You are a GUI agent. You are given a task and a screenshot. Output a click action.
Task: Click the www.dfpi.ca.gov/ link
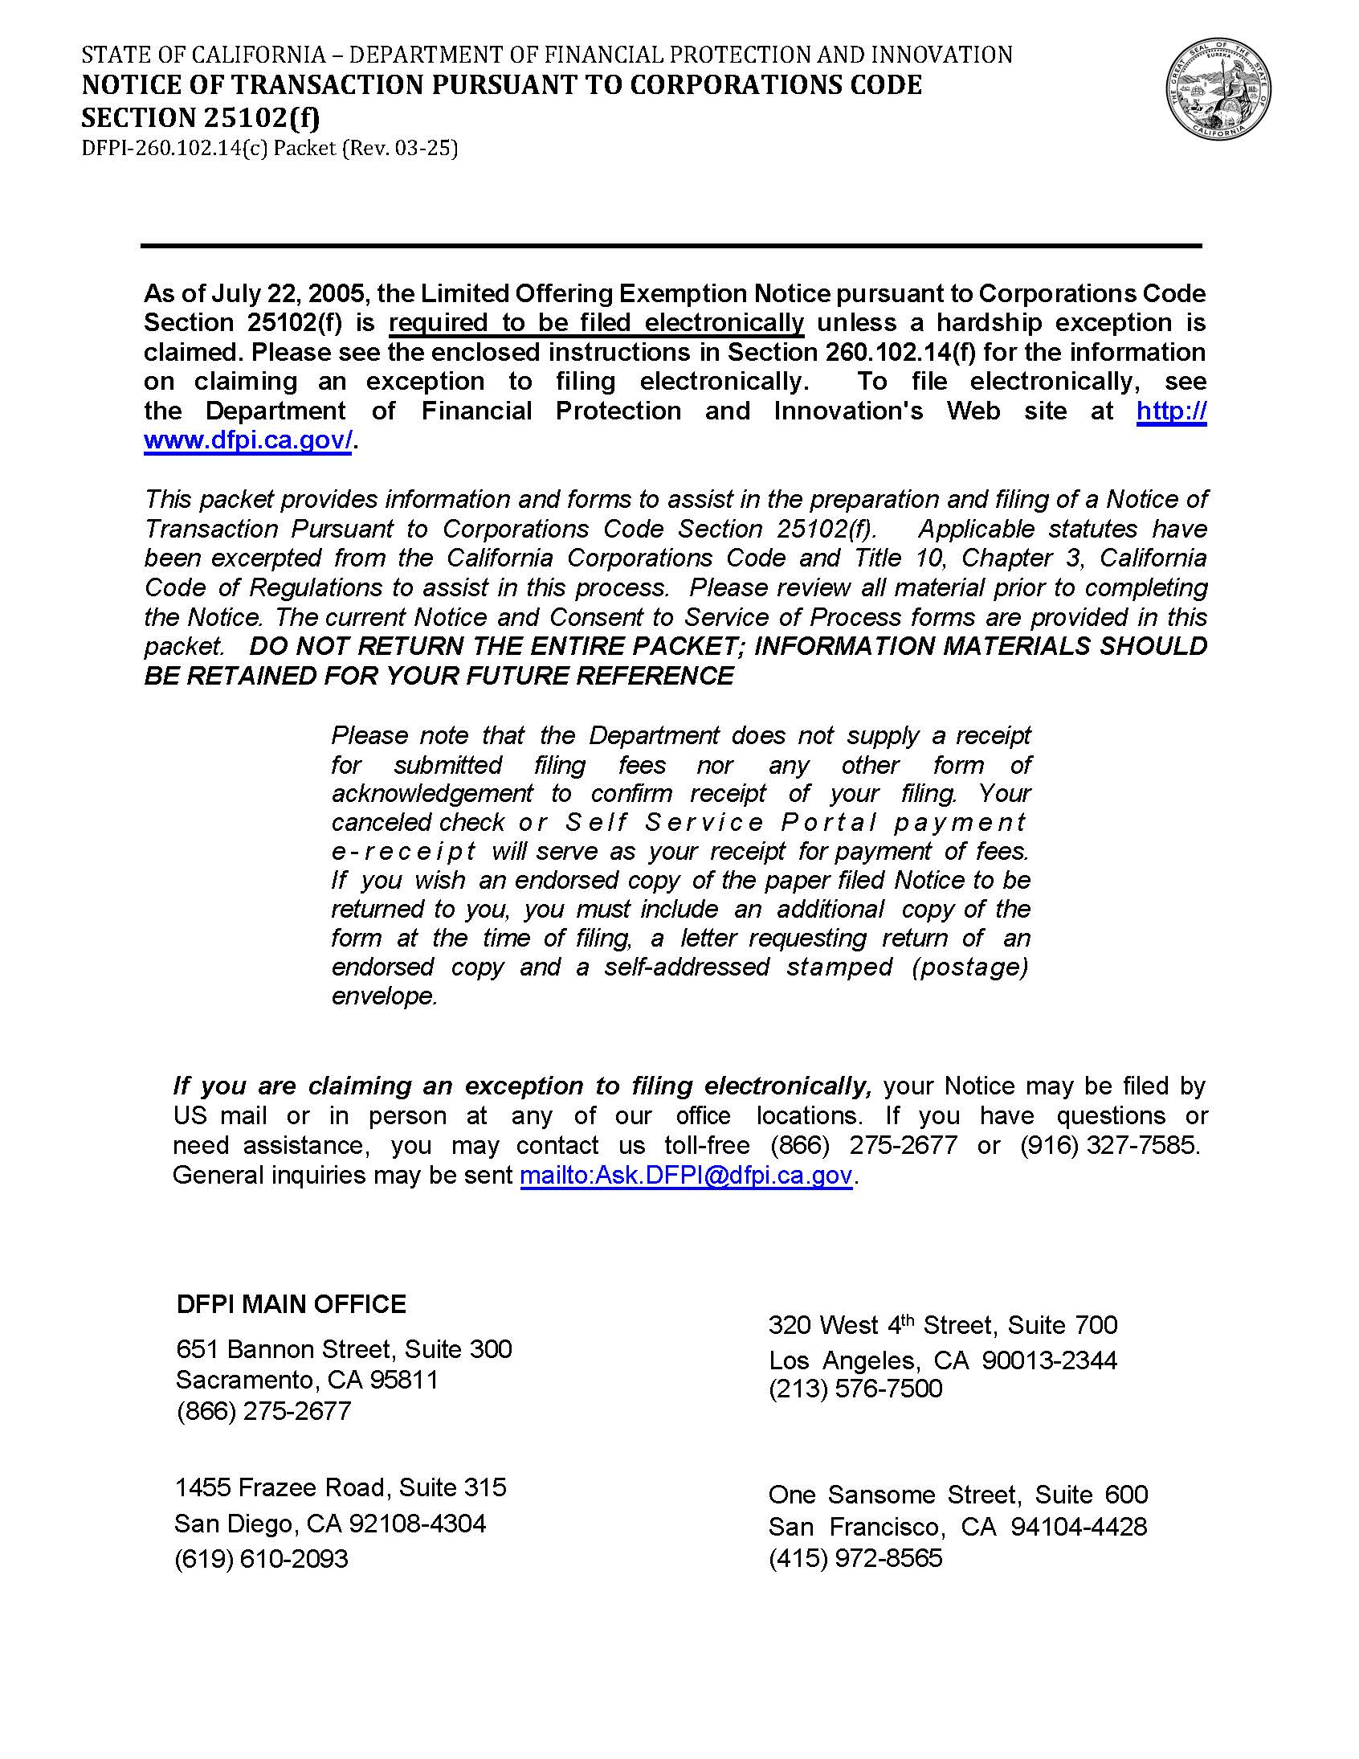[247, 440]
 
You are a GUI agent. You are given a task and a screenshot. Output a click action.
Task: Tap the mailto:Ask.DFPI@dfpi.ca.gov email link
[685, 1175]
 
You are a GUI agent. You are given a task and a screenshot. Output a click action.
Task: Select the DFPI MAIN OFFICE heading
[291, 1304]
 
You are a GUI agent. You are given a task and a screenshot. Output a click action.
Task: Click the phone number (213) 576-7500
[855, 1388]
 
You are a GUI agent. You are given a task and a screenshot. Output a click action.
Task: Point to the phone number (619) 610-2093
[261, 1558]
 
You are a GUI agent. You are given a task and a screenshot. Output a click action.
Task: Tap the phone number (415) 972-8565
[855, 1557]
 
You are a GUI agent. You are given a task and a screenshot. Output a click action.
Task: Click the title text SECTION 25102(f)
[201, 117]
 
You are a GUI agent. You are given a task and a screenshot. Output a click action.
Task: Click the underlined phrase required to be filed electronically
[596, 323]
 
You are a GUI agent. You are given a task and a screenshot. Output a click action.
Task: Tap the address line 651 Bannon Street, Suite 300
[344, 1348]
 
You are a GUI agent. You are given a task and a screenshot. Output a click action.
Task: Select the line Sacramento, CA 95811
[307, 1380]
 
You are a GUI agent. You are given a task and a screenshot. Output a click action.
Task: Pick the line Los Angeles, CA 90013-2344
[943, 1360]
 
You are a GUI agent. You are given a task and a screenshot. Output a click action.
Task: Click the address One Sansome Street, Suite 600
[957, 1495]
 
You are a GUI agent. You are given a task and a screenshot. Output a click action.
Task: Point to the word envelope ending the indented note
[384, 996]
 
